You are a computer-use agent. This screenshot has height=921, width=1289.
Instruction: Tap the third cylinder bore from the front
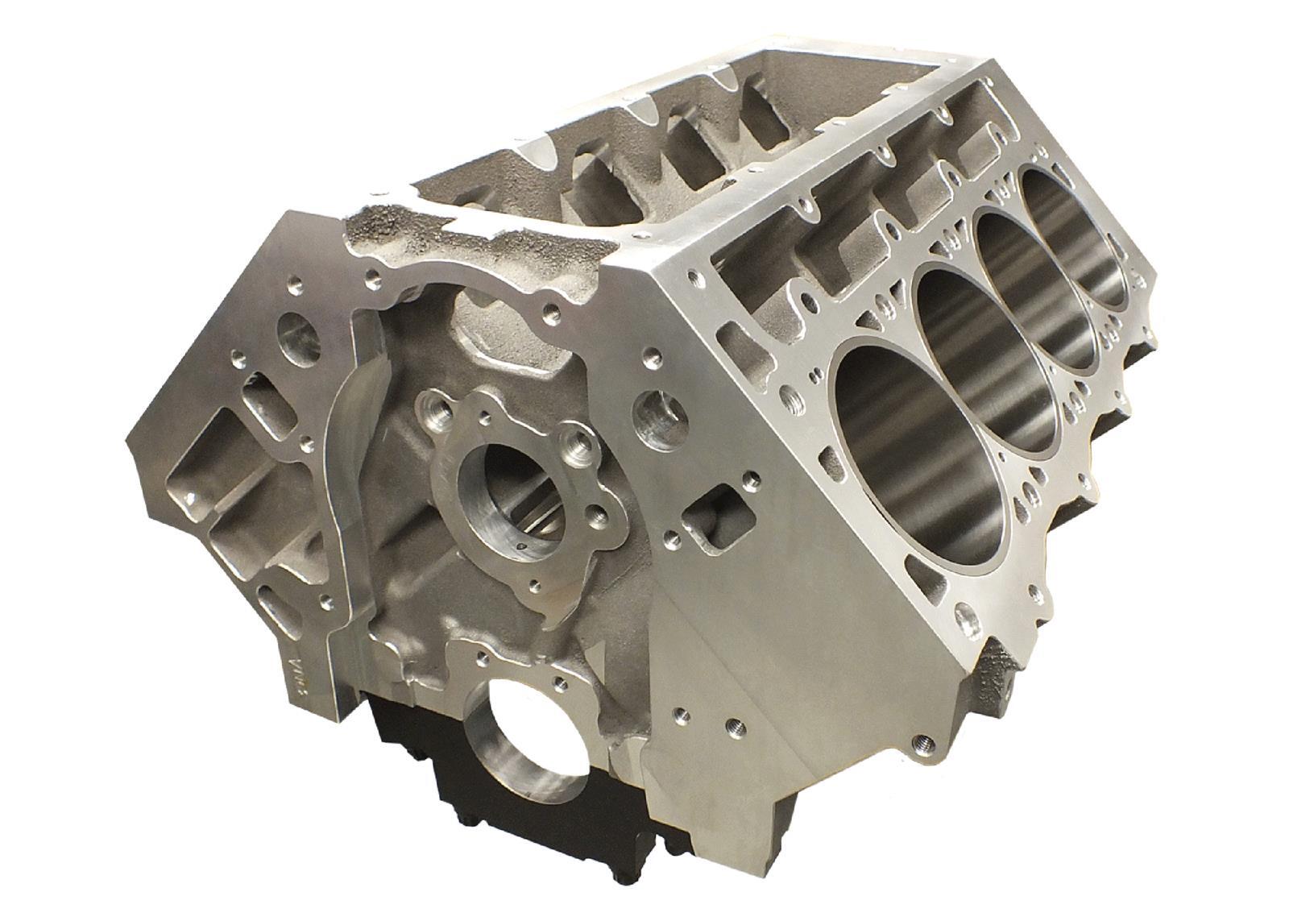click(1035, 286)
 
